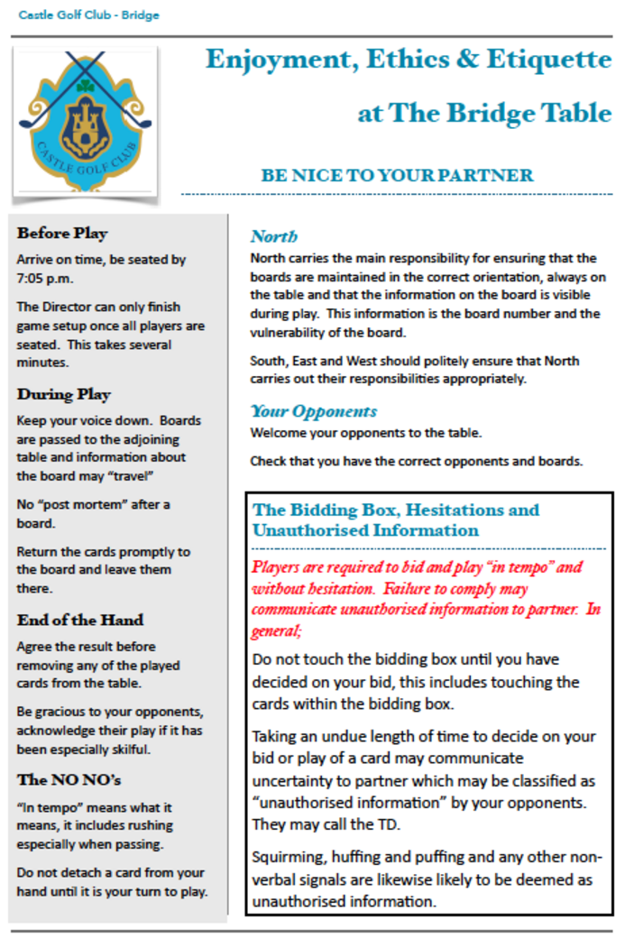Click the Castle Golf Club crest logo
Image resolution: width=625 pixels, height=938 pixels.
coord(87,121)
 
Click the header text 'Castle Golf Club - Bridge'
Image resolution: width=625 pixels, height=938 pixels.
coord(87,15)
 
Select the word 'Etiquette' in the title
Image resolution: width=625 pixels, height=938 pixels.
coord(549,60)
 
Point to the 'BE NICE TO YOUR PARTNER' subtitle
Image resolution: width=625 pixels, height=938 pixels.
coord(397,176)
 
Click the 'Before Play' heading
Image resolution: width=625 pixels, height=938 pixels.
coord(61,234)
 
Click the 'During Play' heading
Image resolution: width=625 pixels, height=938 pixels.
coord(63,394)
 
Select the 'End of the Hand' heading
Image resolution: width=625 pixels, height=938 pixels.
coord(79,621)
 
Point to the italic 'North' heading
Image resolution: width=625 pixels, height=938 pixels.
coord(273,237)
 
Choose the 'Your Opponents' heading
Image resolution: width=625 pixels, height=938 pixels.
coord(313,411)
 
